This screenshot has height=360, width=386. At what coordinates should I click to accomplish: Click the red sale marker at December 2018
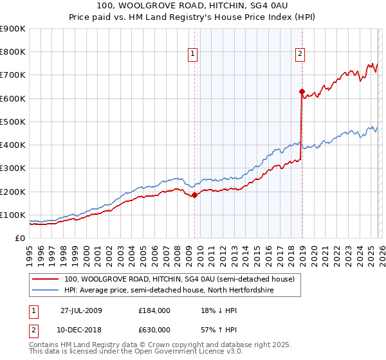302,92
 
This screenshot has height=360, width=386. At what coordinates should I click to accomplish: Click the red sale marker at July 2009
195,195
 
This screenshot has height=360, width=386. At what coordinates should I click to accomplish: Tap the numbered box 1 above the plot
192,54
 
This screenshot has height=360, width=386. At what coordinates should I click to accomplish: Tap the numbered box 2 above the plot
300,54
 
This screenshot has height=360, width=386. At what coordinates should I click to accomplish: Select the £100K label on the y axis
12,215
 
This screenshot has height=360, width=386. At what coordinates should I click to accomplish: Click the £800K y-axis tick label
12,52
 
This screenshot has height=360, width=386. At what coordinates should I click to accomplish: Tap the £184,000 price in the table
154,310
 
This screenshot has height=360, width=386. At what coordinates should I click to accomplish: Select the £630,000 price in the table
154,329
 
